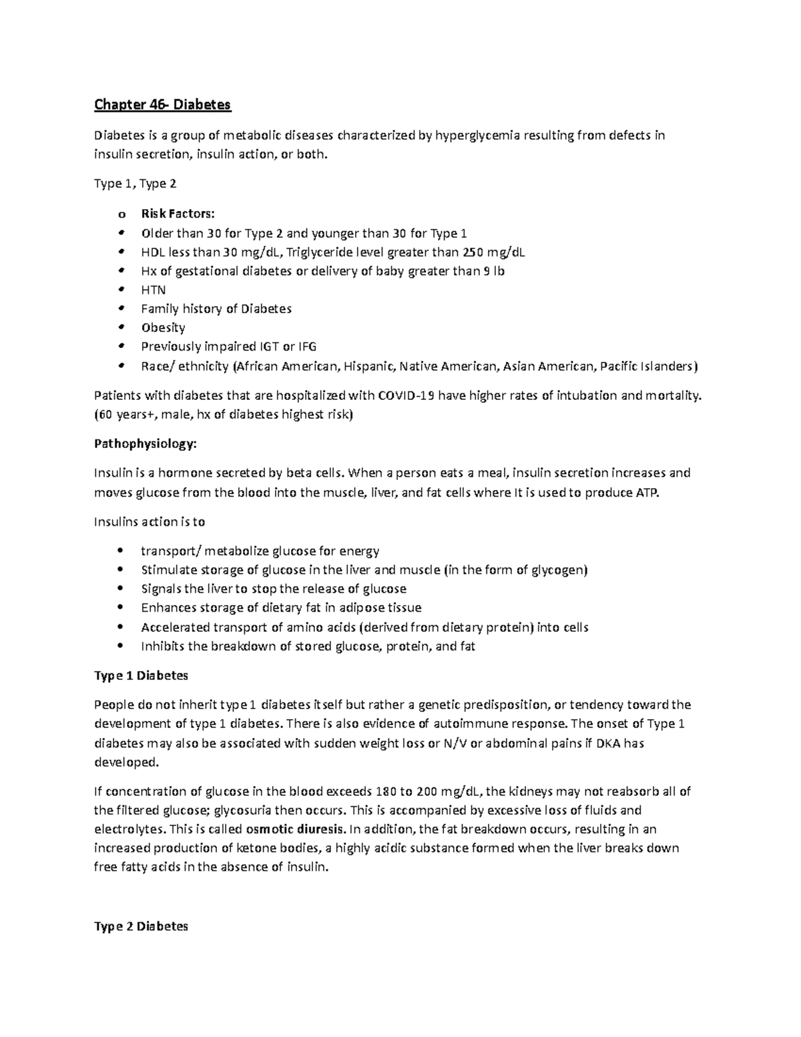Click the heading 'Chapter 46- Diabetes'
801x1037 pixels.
click(x=162, y=105)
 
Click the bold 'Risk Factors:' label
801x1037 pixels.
click(x=178, y=214)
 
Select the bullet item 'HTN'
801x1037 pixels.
click(x=153, y=290)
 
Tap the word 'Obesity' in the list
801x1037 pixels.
click(x=163, y=328)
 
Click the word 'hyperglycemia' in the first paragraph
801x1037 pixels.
click(x=474, y=136)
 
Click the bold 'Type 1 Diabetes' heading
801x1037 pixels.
click(x=142, y=676)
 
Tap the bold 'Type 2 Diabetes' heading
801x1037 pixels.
click(x=142, y=927)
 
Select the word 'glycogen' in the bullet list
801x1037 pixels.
click(x=559, y=570)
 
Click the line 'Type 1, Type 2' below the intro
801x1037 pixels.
click(x=136, y=184)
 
